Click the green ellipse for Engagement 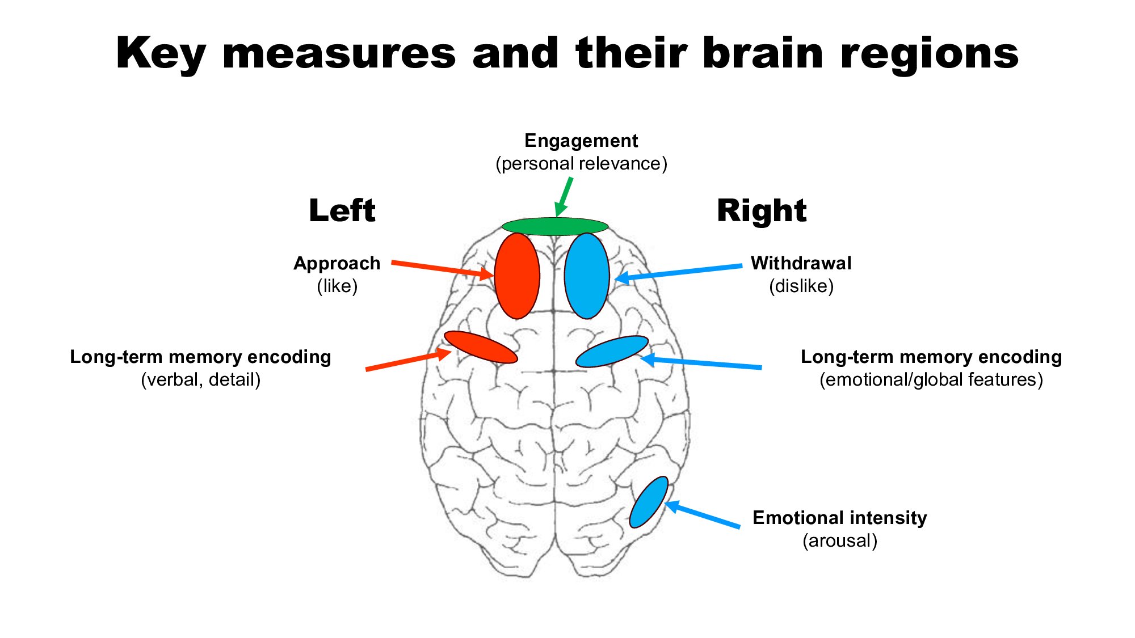pyautogui.click(x=555, y=226)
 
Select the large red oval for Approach pyautogui.click(x=517, y=276)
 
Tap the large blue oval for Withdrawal pyautogui.click(x=587, y=276)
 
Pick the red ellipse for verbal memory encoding pyautogui.click(x=481, y=347)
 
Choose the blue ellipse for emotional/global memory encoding pyautogui.click(x=612, y=352)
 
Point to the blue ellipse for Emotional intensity pyautogui.click(x=649, y=502)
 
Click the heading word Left pyautogui.click(x=342, y=211)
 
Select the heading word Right pyautogui.click(x=762, y=211)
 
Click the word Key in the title pyautogui.click(x=160, y=54)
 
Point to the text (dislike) pyautogui.click(x=801, y=286)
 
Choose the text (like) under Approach pyautogui.click(x=337, y=286)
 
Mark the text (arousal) pyautogui.click(x=840, y=541)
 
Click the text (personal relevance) pyautogui.click(x=581, y=164)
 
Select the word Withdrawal pyautogui.click(x=801, y=263)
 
